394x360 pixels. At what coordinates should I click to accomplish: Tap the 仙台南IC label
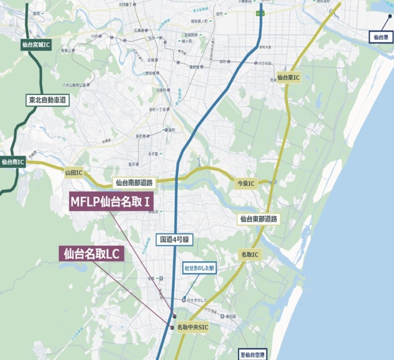(13, 162)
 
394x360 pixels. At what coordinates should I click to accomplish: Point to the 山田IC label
(73, 173)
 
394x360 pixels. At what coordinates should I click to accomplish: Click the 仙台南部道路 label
(134, 182)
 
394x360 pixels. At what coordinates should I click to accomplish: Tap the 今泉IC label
(243, 183)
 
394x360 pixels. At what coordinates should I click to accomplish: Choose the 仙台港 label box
(382, 38)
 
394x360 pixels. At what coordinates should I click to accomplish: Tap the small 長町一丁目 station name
(158, 110)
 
